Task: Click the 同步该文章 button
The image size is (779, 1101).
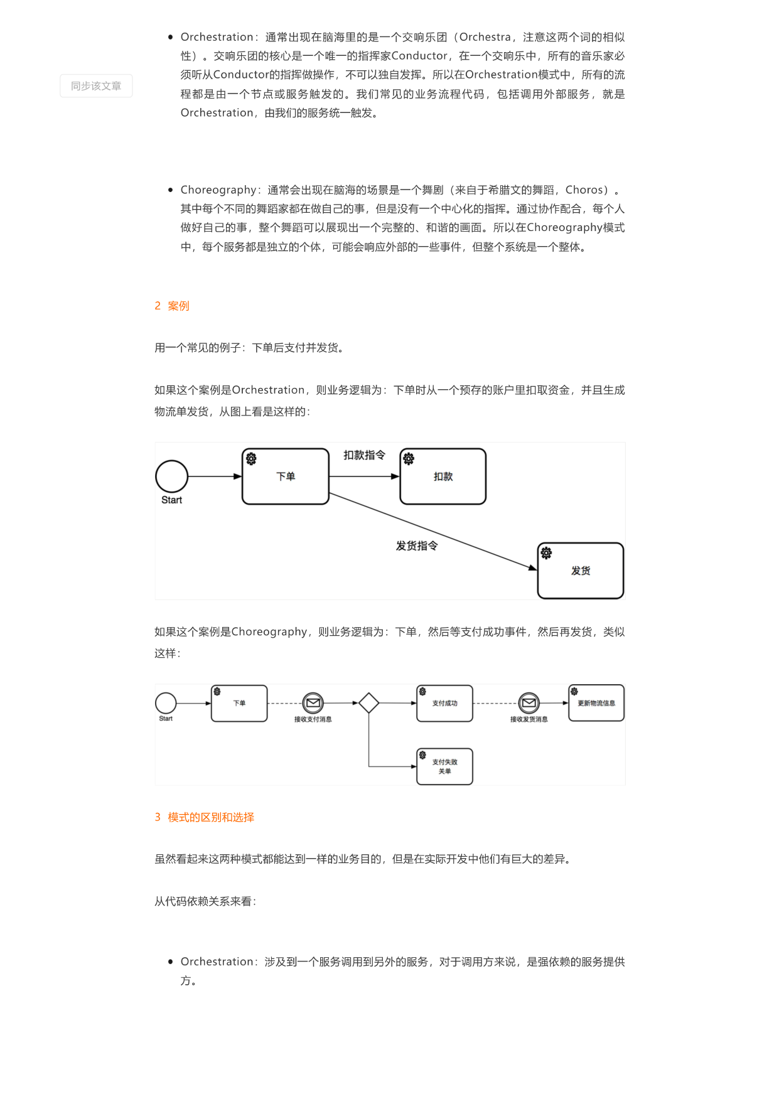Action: point(96,86)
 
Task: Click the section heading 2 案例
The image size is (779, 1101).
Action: point(172,306)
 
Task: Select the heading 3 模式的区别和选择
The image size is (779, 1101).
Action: point(205,817)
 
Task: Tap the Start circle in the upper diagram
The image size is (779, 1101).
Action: point(171,476)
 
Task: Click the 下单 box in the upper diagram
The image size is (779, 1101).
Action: point(286,476)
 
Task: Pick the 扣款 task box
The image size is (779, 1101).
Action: point(443,476)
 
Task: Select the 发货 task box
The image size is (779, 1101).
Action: point(581,571)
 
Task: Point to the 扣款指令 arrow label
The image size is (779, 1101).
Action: point(364,455)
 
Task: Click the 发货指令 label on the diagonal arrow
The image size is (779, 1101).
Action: point(417,546)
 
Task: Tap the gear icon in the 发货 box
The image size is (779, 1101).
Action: point(546,553)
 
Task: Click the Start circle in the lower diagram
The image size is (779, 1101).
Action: point(166,703)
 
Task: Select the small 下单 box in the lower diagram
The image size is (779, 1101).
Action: point(239,703)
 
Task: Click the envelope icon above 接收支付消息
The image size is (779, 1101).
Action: point(313,703)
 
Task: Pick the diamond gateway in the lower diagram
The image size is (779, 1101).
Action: point(368,703)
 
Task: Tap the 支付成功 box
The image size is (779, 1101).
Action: point(444,703)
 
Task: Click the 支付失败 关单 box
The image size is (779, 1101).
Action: point(444,766)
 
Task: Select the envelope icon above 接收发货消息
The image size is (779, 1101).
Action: point(529,703)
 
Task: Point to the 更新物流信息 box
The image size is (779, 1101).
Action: point(596,703)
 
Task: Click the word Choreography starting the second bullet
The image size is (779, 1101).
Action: point(218,190)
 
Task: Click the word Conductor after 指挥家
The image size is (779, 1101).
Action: point(419,56)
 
